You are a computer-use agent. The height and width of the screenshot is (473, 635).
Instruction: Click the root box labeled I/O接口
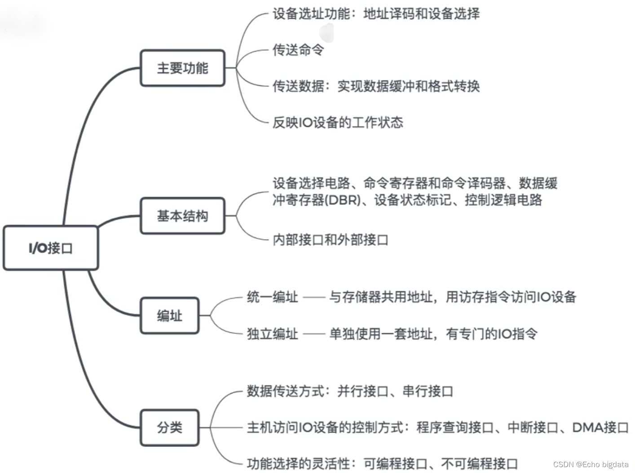(50, 248)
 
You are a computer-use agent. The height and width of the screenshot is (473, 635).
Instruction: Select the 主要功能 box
(182, 68)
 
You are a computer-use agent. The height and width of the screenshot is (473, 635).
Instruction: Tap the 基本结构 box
(182, 216)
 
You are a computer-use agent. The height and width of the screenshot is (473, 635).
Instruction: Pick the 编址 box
(169, 316)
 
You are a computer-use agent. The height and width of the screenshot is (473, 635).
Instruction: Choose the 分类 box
(169, 428)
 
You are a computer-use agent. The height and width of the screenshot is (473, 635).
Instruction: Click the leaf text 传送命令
(298, 50)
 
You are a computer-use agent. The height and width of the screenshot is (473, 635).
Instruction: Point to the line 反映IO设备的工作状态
(338, 122)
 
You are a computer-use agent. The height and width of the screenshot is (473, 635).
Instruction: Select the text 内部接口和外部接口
(331, 240)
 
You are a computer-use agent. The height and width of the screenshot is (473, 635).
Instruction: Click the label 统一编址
(273, 297)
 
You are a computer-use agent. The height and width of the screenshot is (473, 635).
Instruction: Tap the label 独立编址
(273, 334)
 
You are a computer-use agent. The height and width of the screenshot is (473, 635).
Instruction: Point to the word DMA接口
(600, 428)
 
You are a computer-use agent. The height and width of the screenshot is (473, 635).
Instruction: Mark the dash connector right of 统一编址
(314, 297)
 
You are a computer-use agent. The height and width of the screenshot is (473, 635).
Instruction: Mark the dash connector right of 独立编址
(314, 334)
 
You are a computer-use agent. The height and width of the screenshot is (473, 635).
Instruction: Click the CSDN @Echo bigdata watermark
(591, 464)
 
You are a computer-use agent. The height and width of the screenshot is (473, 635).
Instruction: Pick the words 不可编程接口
(480, 464)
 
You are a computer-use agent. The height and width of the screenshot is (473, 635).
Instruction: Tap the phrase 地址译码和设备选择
(421, 13)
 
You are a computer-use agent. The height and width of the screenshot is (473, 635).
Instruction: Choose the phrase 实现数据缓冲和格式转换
(409, 86)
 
